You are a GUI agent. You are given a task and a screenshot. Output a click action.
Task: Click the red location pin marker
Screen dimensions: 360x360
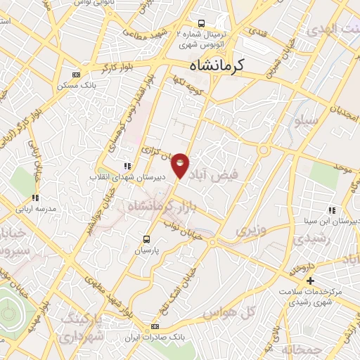pos(181,166)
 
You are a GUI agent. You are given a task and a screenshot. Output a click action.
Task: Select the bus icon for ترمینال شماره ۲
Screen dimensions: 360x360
pos(202,23)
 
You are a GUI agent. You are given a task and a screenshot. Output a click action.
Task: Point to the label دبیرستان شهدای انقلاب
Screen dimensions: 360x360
pos(127,178)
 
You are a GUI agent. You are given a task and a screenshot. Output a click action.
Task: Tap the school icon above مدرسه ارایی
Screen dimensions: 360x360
pos(35,198)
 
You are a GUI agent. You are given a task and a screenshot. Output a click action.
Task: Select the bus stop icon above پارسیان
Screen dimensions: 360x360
pos(147,238)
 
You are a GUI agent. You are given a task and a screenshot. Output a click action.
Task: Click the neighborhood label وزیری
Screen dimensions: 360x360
pos(252,230)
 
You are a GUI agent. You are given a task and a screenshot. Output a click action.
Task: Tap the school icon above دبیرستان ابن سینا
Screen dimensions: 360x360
pos(331,210)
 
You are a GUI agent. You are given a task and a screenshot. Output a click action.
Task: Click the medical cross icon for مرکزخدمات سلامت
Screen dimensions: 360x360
pos(310,281)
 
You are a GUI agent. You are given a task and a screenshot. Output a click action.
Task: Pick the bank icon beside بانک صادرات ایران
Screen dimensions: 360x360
pos(155,327)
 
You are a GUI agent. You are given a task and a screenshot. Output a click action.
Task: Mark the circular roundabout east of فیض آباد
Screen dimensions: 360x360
pos(266,149)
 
